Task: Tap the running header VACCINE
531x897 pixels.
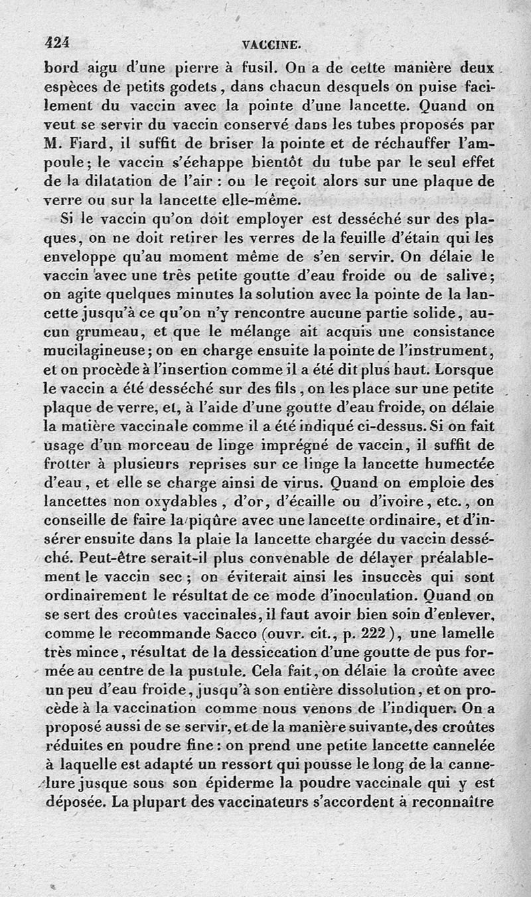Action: point(273,45)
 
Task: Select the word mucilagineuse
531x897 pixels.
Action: point(106,349)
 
